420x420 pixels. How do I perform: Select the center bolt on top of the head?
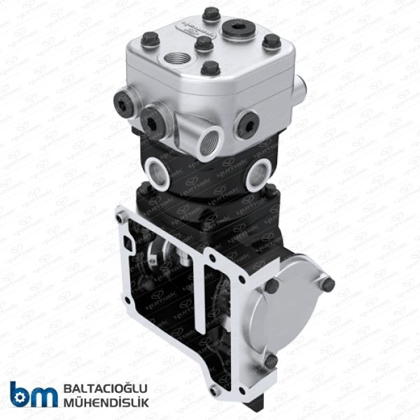tap(204, 43)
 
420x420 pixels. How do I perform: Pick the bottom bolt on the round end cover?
tap(271, 361)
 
